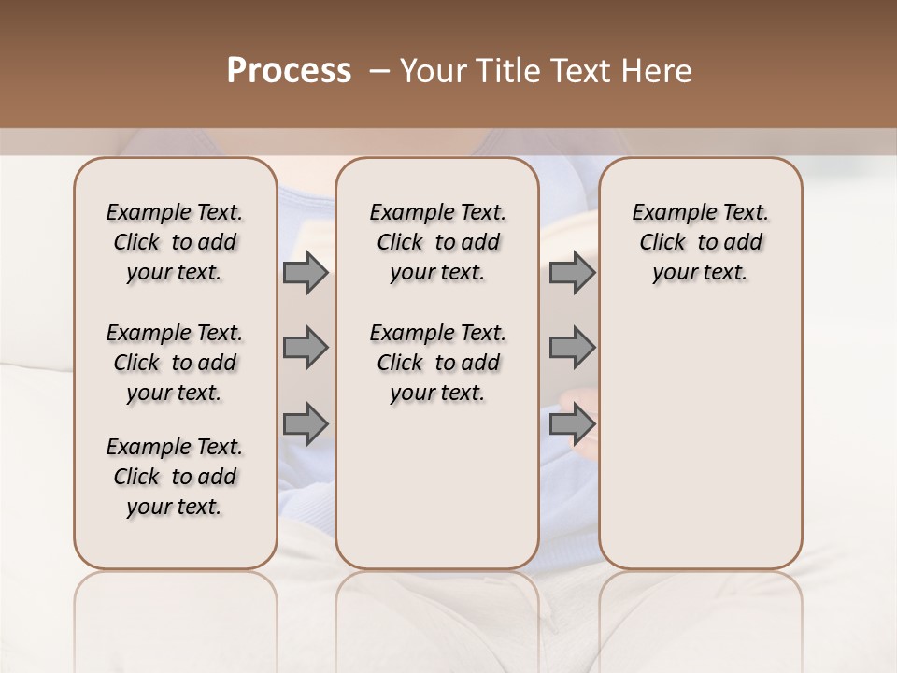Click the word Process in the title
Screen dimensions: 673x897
click(289, 71)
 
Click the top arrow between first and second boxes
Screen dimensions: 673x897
click(306, 273)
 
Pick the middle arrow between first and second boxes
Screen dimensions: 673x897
click(306, 348)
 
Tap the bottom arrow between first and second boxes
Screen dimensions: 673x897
click(306, 423)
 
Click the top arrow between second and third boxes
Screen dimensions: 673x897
click(572, 273)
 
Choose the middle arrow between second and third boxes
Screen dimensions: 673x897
click(572, 348)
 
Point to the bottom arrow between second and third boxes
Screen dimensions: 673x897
click(572, 423)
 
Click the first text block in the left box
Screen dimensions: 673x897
click(175, 242)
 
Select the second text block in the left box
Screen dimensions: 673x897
click(175, 363)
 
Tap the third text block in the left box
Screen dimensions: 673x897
click(175, 477)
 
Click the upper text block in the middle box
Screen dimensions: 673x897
click(437, 242)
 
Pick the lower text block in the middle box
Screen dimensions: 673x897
click(437, 363)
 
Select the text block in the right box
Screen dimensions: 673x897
click(701, 242)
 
